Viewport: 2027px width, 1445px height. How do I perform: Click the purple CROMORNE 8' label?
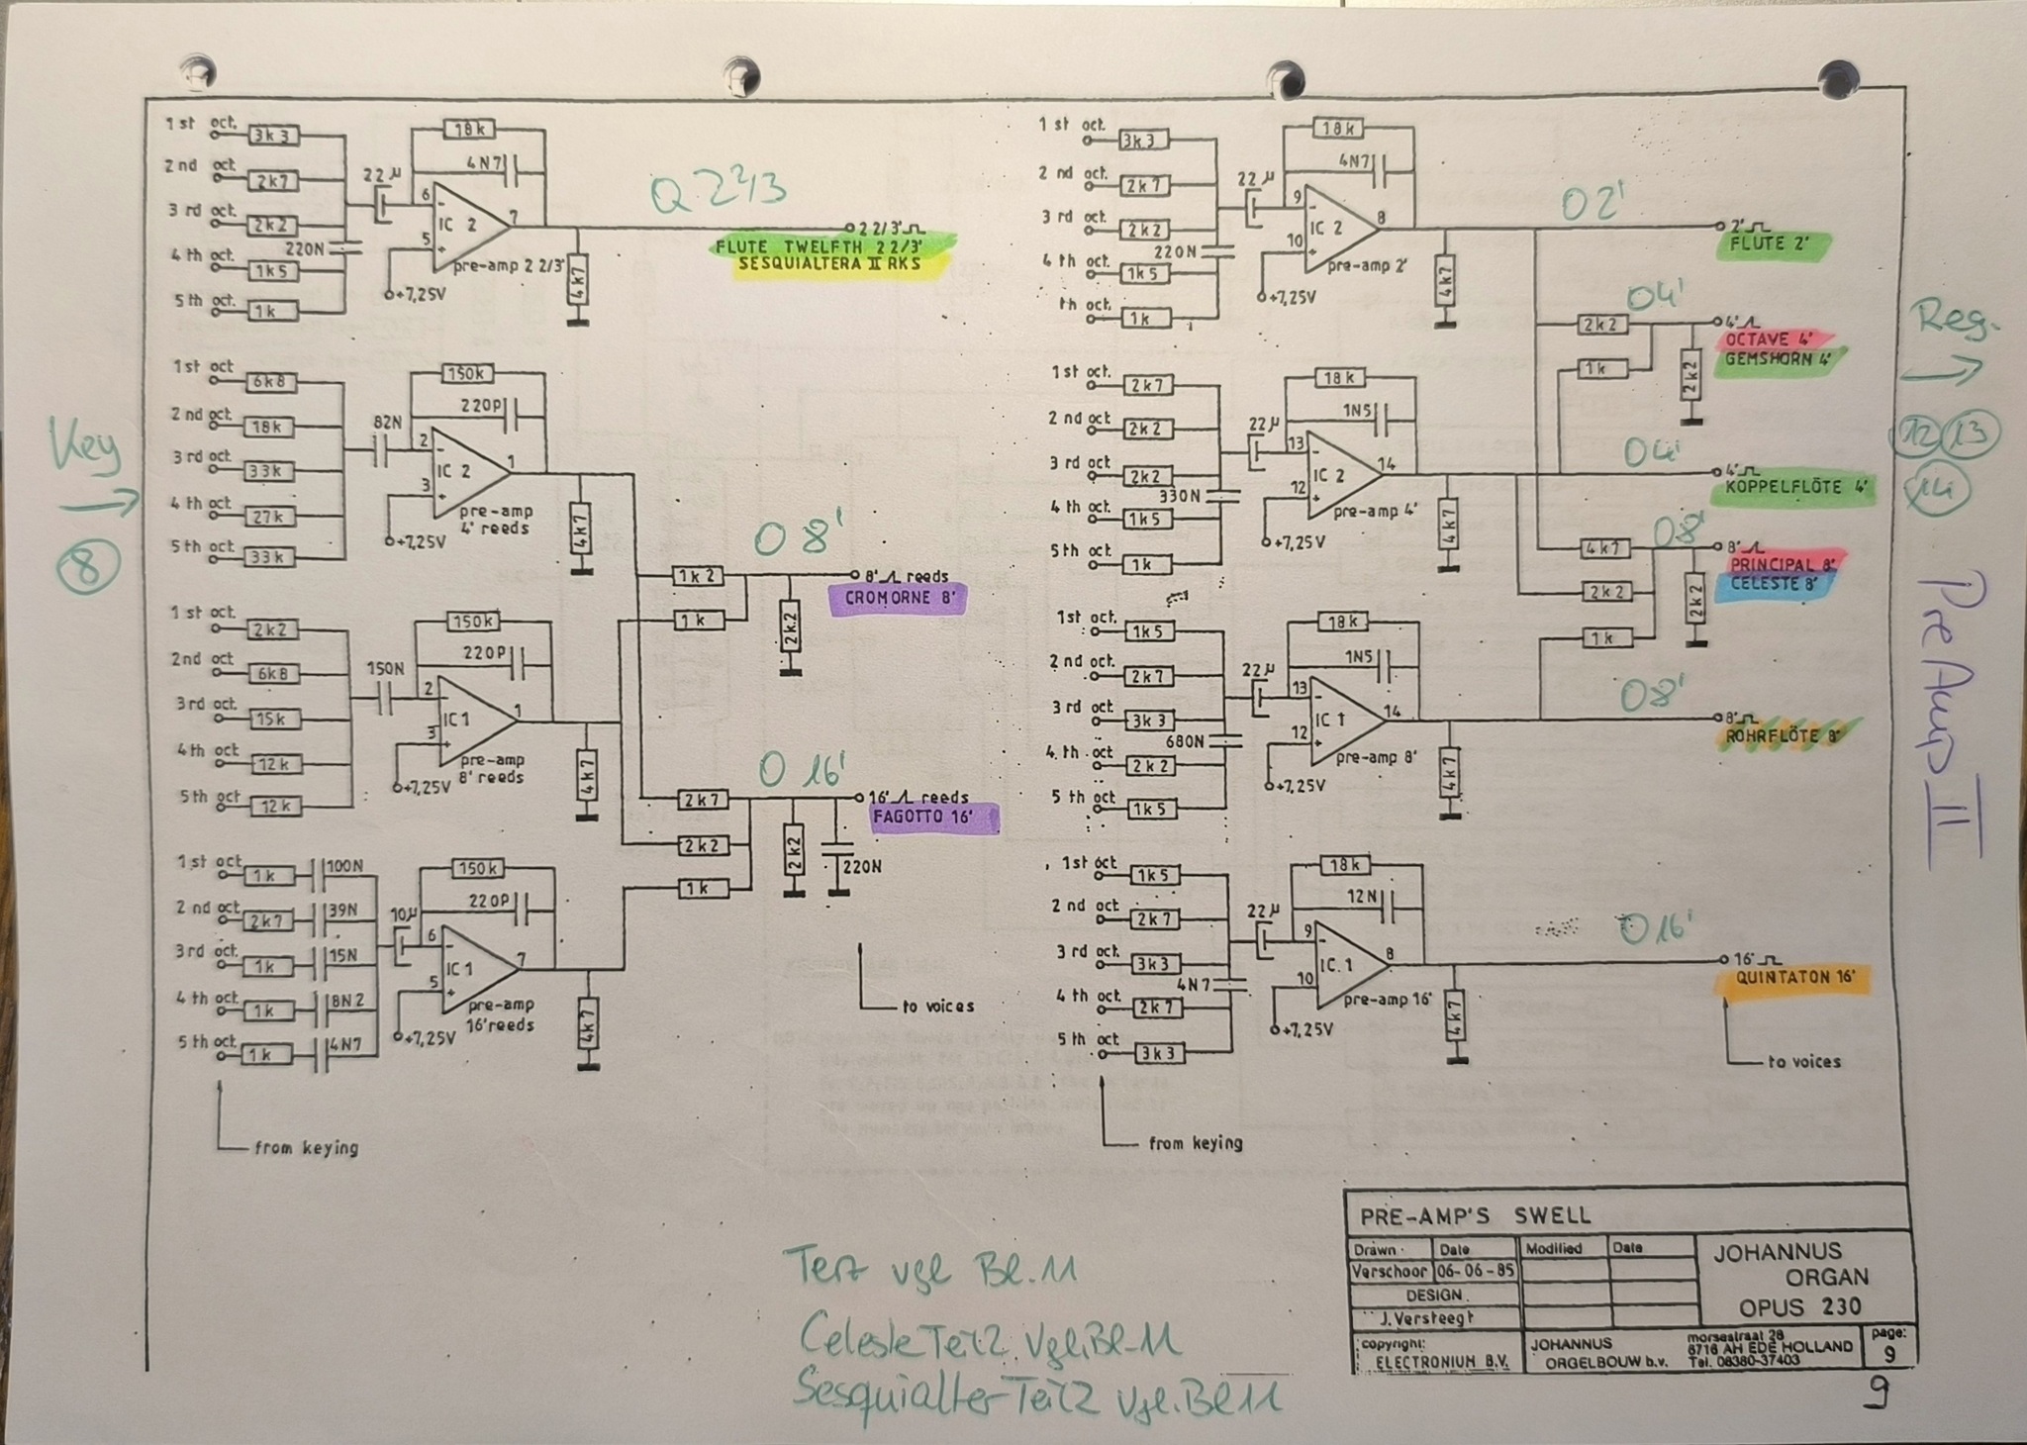pyautogui.click(x=896, y=599)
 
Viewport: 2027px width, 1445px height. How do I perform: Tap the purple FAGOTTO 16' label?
pyautogui.click(x=934, y=819)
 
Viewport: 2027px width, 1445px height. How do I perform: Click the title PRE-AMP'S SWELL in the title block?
pyautogui.click(x=1475, y=1215)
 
